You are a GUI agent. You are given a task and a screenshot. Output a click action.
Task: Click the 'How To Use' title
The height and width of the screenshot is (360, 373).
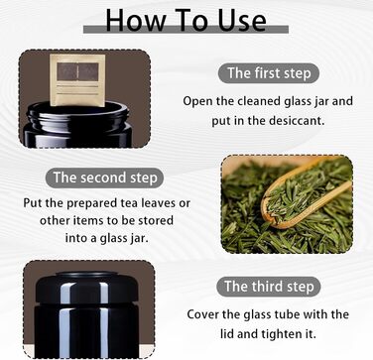(x=186, y=20)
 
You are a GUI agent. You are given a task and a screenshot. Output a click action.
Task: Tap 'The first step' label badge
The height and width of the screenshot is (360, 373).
(x=269, y=73)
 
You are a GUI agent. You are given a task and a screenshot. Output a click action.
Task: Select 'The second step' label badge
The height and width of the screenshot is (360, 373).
(x=104, y=178)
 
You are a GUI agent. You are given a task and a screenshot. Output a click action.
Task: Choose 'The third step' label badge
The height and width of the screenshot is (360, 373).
(x=269, y=287)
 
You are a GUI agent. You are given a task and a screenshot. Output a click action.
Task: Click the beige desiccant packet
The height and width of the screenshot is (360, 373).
(x=77, y=80)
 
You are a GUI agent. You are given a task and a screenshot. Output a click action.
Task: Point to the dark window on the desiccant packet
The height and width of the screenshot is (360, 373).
(x=77, y=71)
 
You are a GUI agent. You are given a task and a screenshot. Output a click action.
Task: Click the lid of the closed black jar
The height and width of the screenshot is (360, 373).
(x=86, y=288)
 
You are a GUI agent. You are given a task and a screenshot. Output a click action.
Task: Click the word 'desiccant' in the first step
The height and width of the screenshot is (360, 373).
(x=296, y=120)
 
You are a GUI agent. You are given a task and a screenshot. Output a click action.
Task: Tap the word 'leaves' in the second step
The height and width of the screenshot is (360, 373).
(x=160, y=202)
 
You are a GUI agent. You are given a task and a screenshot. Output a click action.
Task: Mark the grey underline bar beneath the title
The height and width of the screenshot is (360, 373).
(x=186, y=30)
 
